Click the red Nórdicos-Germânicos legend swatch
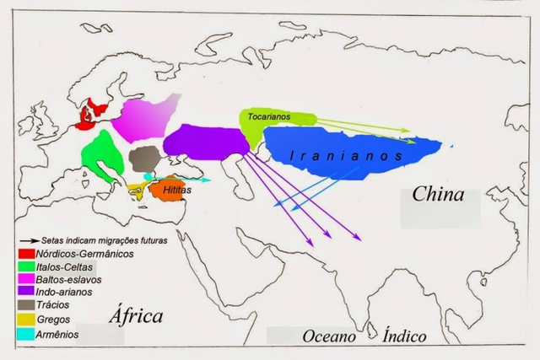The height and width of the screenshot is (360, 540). click(26, 253)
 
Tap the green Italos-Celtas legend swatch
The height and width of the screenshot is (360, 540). click(26, 266)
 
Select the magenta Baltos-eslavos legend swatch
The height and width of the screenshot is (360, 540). click(26, 278)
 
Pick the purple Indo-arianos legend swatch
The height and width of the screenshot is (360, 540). click(26, 292)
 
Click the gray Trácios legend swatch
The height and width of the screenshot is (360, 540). click(26, 304)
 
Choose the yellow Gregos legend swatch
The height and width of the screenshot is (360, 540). click(26, 320)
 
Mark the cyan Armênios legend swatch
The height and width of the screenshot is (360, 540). click(26, 335)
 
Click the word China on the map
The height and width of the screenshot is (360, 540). click(438, 195)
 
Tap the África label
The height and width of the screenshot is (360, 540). click(135, 316)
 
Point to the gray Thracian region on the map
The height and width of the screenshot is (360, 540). click(147, 159)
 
